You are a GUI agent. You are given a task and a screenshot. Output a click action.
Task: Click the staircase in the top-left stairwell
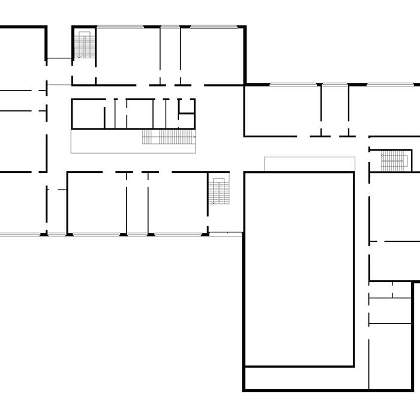coord(85,46)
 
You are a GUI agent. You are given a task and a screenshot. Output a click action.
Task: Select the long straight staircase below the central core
coord(169,137)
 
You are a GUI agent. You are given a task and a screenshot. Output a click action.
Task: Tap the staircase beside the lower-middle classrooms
coord(219,191)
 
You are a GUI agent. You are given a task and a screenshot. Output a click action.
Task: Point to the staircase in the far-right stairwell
coord(394,160)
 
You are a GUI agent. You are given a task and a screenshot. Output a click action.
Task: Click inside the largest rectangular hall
coord(299,269)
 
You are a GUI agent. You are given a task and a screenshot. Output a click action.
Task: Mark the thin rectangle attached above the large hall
coord(310,164)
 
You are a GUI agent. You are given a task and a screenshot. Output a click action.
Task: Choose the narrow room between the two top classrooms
coord(170,55)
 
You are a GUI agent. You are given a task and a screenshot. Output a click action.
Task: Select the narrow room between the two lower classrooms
coord(137,203)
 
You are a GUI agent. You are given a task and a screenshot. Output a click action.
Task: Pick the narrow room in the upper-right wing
coord(335,110)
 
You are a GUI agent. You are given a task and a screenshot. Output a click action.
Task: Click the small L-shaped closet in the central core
coord(187,106)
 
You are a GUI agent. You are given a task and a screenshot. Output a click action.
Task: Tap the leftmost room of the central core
coord(88,114)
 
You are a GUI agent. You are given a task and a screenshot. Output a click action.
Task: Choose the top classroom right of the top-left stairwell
coord(127,55)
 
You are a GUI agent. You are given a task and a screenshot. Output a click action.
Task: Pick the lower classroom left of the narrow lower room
coord(96,203)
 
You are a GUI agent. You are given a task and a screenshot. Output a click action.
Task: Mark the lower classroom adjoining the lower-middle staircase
coord(178,203)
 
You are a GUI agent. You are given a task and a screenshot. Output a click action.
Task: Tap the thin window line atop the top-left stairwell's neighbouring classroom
coord(120,26)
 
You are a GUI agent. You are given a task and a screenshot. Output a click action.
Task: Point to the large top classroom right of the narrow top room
coord(211,55)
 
